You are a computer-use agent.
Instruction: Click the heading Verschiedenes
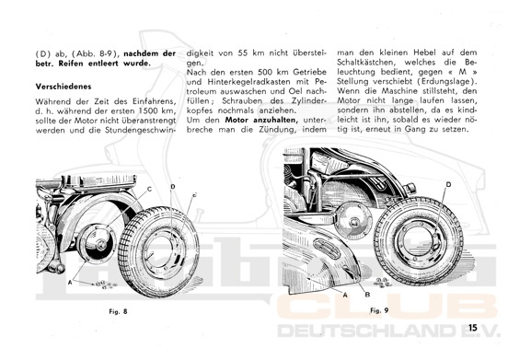coord(63,87)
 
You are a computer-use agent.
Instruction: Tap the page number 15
coord(472,328)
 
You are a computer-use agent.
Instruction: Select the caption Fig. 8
coord(118,311)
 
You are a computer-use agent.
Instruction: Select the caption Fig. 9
coord(379,310)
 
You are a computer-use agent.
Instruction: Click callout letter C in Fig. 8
coord(149,190)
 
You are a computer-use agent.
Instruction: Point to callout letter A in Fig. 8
coord(70,282)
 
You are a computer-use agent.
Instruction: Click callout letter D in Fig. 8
coord(173,187)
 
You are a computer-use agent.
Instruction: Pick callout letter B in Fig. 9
coord(367,295)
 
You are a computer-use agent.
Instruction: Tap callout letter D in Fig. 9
coord(448,184)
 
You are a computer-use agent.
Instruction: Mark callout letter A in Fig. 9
coord(345,295)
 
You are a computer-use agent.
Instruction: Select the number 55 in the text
coord(243,53)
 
